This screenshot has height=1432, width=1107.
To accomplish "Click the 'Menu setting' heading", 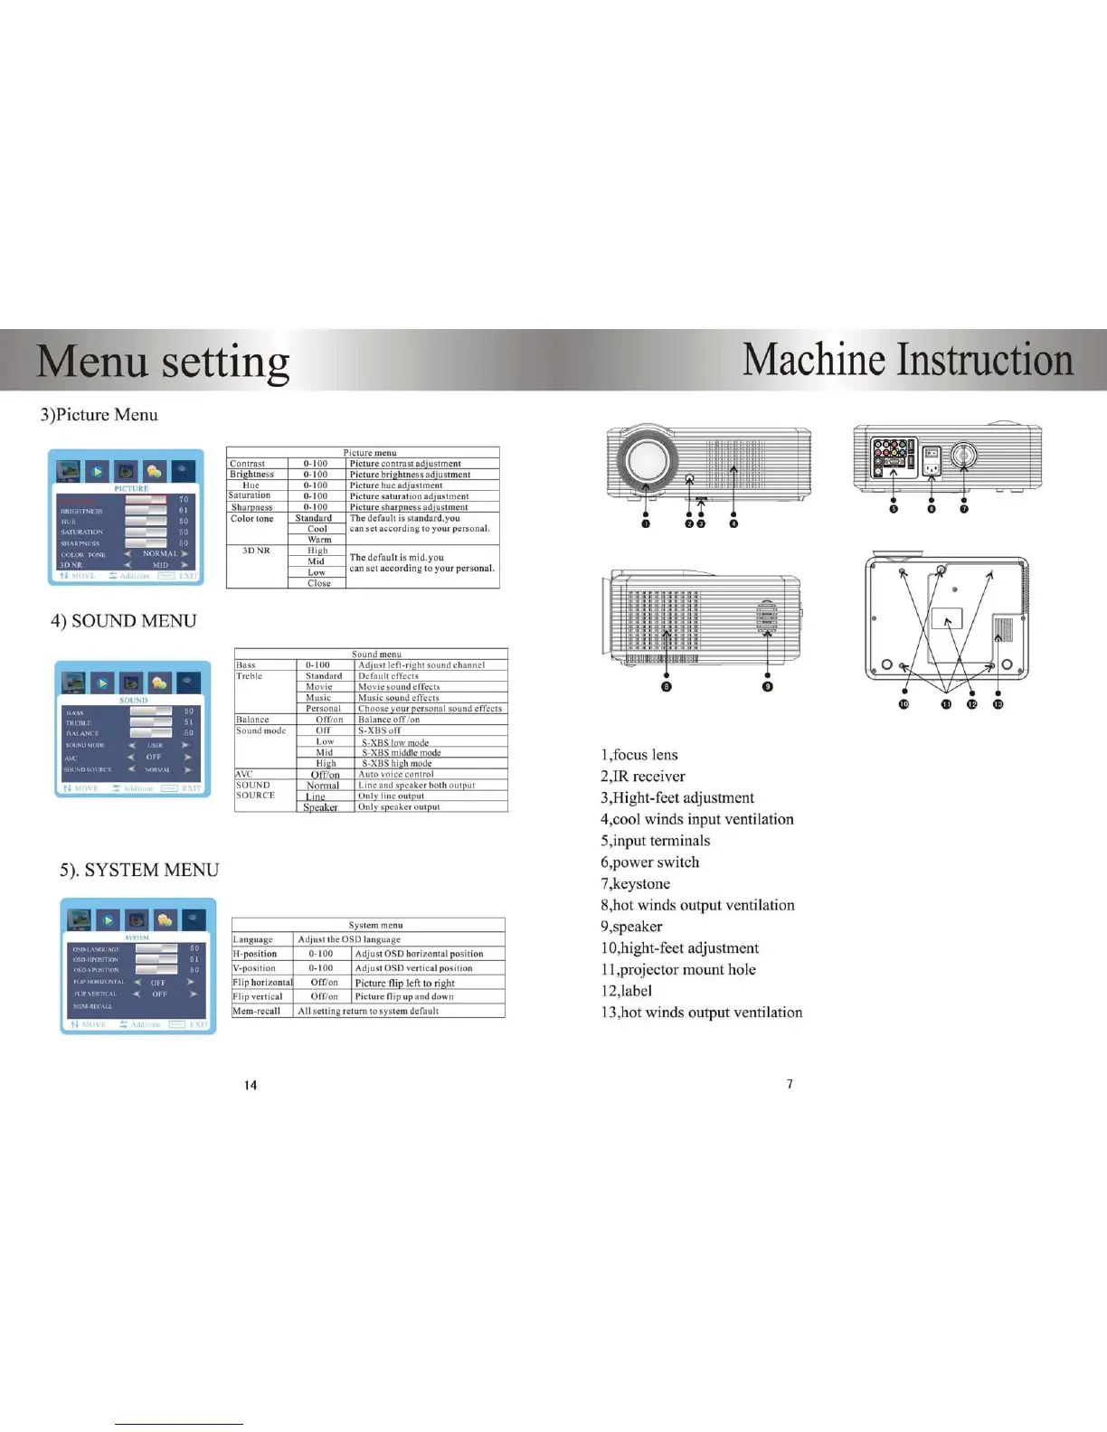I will pyautogui.click(x=163, y=361).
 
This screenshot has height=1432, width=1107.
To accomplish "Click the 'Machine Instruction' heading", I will pyautogui.click(x=907, y=359).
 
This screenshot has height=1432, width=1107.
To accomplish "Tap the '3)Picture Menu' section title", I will pyautogui.click(x=99, y=415).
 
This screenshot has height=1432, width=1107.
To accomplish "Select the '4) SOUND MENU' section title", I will pyautogui.click(x=123, y=621).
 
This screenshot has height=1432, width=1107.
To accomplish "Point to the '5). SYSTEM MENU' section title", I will pyautogui.click(x=139, y=870).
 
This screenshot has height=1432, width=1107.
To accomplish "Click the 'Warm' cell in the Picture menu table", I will pyautogui.click(x=319, y=540).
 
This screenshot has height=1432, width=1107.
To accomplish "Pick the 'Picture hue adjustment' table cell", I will pyautogui.click(x=396, y=485).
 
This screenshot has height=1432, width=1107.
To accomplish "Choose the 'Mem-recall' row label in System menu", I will pyautogui.click(x=257, y=1011).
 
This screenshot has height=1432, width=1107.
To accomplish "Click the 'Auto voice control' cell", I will pyautogui.click(x=396, y=774).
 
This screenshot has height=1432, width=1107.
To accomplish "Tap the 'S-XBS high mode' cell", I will pyautogui.click(x=398, y=763).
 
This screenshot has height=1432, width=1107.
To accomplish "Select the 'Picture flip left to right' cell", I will pyautogui.click(x=404, y=983).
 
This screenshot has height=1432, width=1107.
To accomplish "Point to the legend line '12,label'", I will pyautogui.click(x=626, y=991).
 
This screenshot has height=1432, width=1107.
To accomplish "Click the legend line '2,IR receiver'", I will pyautogui.click(x=642, y=776).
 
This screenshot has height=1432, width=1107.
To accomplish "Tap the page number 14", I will pyautogui.click(x=251, y=1085).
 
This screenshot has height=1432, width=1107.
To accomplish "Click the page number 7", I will pyautogui.click(x=790, y=1084).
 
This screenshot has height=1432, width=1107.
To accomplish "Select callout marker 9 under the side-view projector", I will pyautogui.click(x=768, y=686).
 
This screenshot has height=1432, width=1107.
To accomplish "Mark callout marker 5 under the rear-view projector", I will pyautogui.click(x=894, y=509).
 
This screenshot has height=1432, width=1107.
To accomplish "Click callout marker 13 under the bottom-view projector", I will pyautogui.click(x=998, y=704).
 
